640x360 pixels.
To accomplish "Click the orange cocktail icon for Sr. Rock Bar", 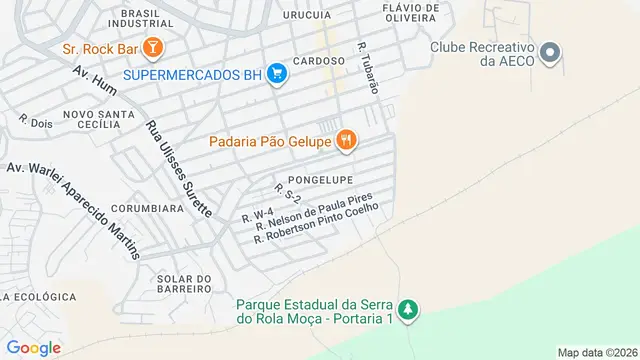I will pos(152,47).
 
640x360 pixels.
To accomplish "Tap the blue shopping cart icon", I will pos(278,75).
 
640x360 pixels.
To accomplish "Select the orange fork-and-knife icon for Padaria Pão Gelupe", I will pos(346,140).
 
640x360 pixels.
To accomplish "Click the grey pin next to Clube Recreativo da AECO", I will pos(548,53).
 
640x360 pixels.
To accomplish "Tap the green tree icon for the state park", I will pos(406,311).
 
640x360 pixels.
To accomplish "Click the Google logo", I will pos(34,347).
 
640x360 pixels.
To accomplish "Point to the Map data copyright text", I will pos(597,352).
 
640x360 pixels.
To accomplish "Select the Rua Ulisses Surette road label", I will pos(179,169).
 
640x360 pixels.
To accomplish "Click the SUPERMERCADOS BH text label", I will pos(192,75).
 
